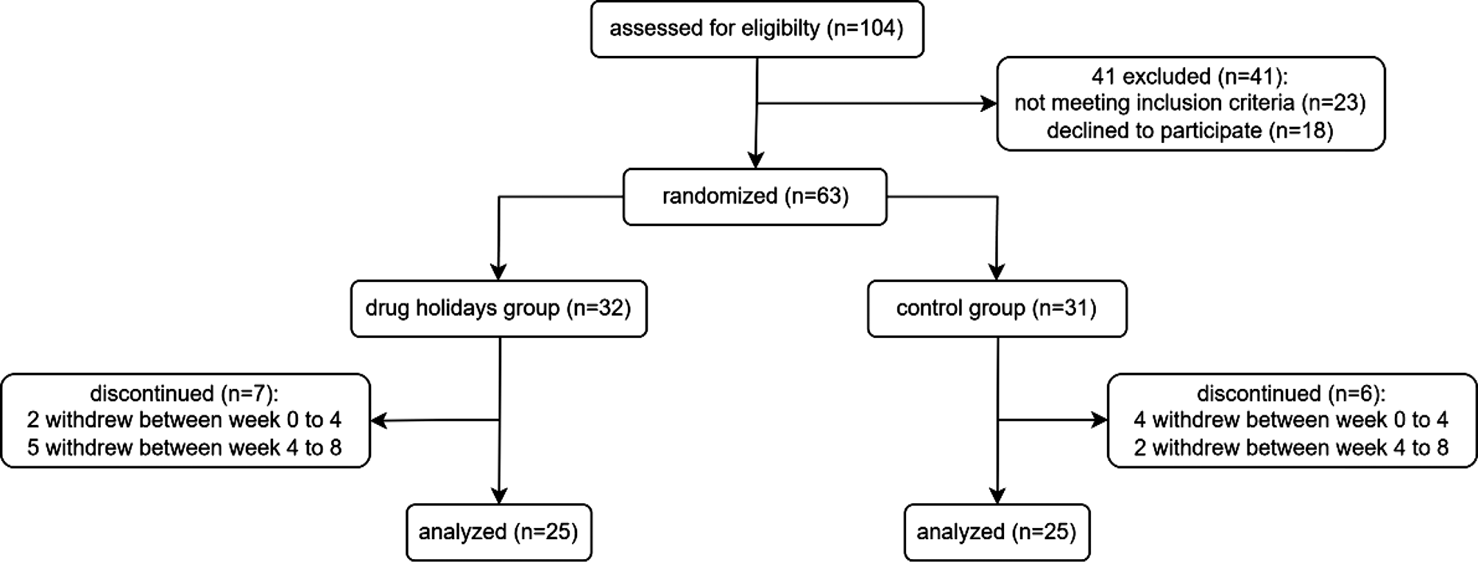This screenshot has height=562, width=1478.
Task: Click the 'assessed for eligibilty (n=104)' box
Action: coord(757,29)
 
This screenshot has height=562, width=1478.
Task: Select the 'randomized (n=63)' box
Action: coord(754,197)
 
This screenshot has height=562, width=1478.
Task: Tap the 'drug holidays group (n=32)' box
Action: coord(498,309)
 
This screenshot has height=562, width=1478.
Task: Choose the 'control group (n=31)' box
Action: coord(997,309)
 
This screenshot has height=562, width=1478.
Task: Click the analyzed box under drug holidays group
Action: coord(498,532)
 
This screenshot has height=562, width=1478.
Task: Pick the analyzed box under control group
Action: coord(997,532)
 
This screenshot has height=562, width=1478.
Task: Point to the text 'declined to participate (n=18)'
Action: coord(1190,131)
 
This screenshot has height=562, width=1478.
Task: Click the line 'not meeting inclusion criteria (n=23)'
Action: coord(1190,103)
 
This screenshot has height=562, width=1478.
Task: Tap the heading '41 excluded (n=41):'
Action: coord(1190,76)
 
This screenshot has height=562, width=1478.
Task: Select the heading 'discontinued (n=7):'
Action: coord(184,393)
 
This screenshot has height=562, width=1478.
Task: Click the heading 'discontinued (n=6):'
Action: coord(1291,393)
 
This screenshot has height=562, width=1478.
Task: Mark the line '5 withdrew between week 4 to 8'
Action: coord(184,448)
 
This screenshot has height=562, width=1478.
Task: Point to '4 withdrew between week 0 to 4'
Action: coord(1291,421)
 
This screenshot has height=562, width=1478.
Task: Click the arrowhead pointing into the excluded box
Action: coord(988,104)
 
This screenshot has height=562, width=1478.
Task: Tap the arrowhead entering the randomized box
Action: coord(755,160)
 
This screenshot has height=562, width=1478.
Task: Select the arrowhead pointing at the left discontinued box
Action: coord(379,421)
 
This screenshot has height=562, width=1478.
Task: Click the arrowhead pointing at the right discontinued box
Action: coord(1098,421)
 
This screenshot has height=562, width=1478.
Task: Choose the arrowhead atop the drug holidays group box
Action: coord(498,271)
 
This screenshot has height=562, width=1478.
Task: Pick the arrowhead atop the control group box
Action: coord(997,271)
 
